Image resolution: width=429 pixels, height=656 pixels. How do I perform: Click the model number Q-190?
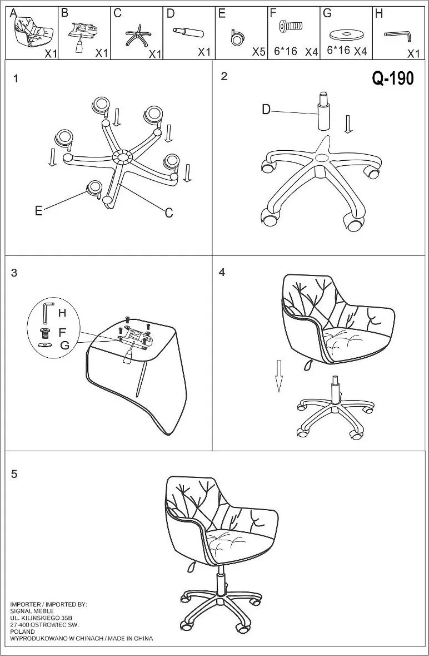[x=393, y=78]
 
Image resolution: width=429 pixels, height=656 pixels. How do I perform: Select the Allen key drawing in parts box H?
[x=398, y=36]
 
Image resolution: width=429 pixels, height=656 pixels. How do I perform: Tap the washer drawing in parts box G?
[x=346, y=34]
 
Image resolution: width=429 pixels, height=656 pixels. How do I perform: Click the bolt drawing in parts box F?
[x=291, y=26]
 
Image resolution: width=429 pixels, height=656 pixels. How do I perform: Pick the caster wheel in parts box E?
[x=237, y=37]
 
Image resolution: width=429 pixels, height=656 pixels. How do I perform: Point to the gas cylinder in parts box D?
[x=188, y=31]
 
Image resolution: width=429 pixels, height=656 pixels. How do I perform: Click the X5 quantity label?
[x=258, y=52]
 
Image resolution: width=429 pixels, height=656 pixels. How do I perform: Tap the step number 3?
[x=14, y=273]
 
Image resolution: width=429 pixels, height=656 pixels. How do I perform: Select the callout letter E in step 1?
[x=38, y=211]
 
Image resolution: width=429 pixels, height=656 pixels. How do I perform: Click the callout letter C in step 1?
[x=169, y=213]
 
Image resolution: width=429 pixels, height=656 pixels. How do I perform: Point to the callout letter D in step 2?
[x=266, y=110]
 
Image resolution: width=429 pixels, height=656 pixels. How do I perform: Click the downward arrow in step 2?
[x=347, y=124]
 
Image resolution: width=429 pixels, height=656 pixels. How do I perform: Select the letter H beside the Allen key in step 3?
[x=62, y=313]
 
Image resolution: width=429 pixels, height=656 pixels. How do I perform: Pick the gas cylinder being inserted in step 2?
[x=323, y=111]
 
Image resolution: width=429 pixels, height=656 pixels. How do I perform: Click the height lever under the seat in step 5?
[x=192, y=567]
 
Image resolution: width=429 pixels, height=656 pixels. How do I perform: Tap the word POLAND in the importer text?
[x=23, y=632]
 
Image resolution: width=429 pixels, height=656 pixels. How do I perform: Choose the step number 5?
[x=14, y=475]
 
